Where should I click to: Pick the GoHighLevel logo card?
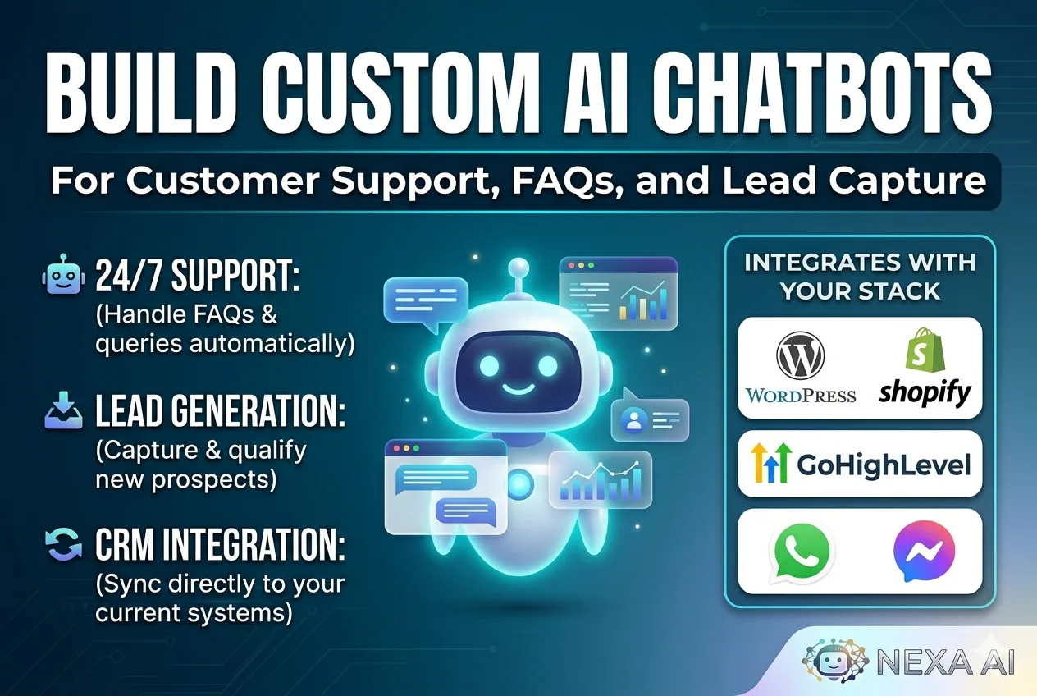[x=860, y=464]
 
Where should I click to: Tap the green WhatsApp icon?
[x=800, y=551]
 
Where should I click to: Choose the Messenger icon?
[x=925, y=551]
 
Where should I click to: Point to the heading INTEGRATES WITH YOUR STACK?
[x=860, y=277]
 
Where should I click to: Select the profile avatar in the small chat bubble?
[x=633, y=420]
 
